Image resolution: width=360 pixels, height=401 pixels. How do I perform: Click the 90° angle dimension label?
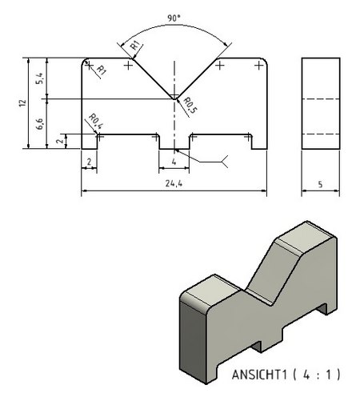click(174, 18)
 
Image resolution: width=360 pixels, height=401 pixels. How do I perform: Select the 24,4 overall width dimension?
click(174, 183)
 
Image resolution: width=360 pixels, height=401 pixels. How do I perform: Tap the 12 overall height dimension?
click(22, 103)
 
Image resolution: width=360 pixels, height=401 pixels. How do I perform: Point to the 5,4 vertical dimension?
click(39, 78)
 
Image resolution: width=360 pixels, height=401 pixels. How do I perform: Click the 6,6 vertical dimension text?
click(39, 123)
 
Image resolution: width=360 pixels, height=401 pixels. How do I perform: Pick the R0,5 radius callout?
click(190, 105)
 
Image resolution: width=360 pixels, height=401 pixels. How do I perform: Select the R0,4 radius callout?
click(95, 121)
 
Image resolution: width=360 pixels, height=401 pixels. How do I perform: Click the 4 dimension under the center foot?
click(174, 162)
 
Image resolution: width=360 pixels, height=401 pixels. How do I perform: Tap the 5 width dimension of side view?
click(320, 184)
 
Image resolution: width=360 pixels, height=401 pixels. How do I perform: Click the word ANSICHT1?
click(259, 375)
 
